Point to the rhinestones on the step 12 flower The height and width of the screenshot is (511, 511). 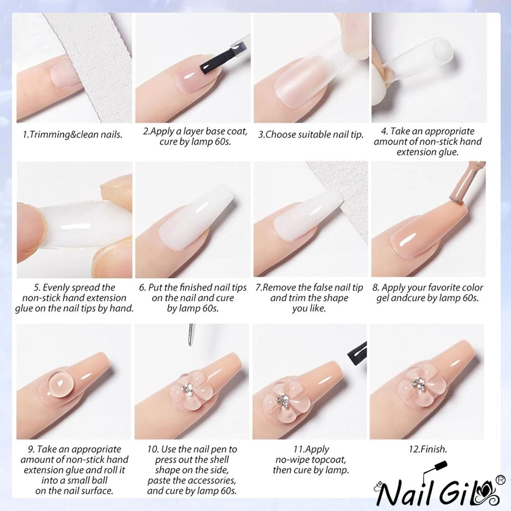419,383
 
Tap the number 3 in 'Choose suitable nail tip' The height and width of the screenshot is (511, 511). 260,135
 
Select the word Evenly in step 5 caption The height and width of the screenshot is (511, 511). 59,287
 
